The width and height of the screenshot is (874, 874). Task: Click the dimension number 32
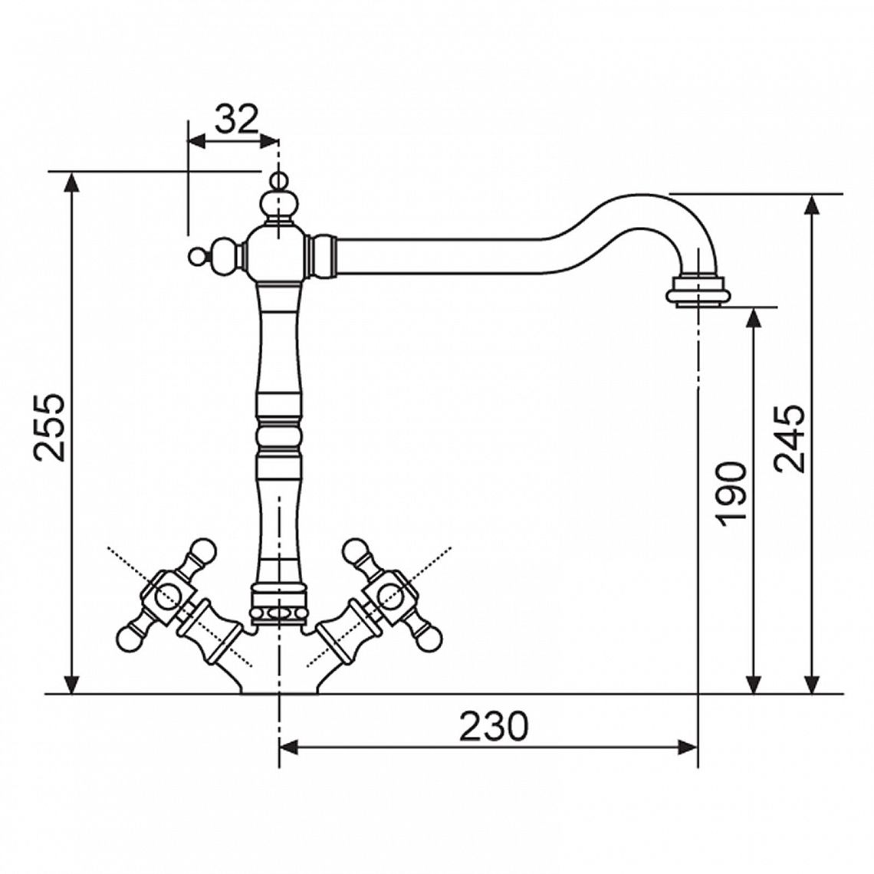tap(238, 119)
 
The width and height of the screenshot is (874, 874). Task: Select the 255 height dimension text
tap(50, 428)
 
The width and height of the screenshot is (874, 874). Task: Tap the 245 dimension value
tap(789, 438)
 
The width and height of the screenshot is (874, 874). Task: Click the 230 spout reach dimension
tap(493, 726)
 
